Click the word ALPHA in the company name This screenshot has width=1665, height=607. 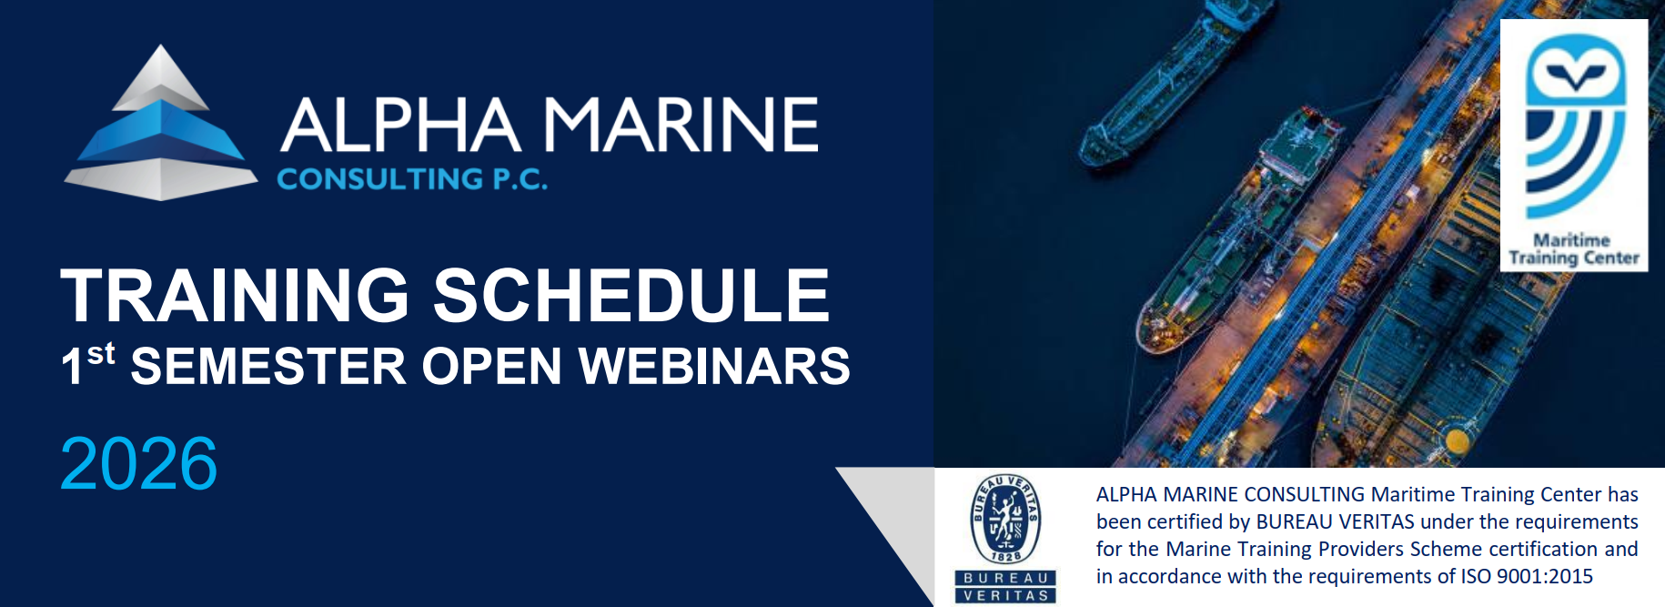pos(400,125)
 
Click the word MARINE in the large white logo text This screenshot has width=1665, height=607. pos(681,125)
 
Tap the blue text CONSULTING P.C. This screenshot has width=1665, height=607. pos(412,179)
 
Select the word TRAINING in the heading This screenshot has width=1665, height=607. pos(236,296)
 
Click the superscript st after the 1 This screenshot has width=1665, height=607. pos(101,353)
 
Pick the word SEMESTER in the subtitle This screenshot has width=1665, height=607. pos(268,367)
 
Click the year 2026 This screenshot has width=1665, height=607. pos(138,464)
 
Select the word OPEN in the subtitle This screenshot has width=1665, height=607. pos(491,367)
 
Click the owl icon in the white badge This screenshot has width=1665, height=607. pos(1574,127)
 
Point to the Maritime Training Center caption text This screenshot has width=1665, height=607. pos(1573,249)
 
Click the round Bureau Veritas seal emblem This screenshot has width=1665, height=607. pos(1005,519)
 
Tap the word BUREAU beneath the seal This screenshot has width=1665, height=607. pos(1005,578)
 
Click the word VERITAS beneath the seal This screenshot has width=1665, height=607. pos(1005,595)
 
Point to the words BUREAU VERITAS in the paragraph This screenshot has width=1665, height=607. pos(1335,521)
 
